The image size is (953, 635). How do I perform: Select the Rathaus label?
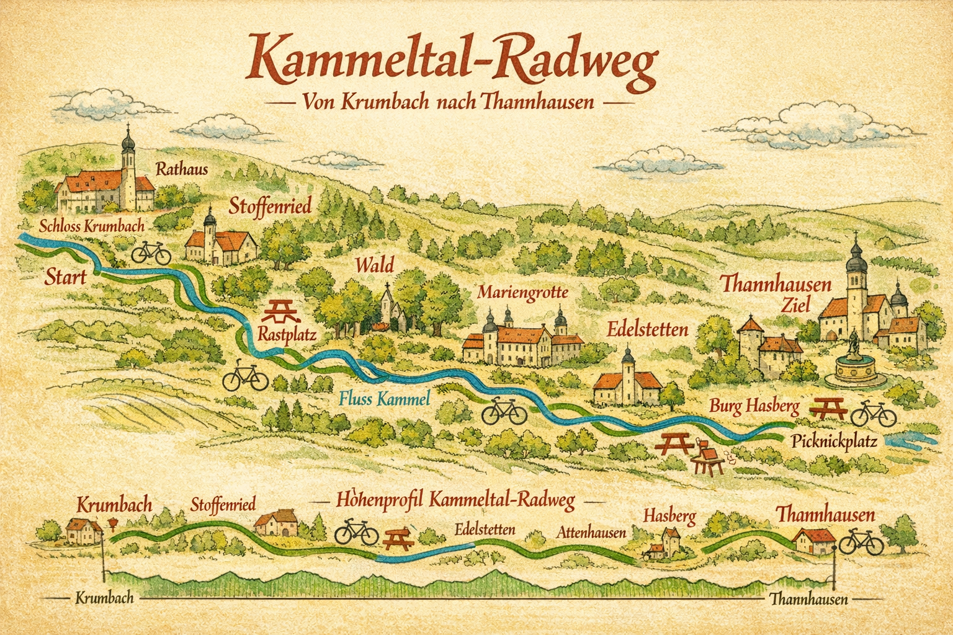click(182, 169)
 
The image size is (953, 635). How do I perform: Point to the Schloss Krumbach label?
click(91, 225)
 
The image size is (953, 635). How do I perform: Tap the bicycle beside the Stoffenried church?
click(151, 252)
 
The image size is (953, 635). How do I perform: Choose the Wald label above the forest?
click(374, 265)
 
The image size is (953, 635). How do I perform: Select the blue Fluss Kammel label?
click(385, 399)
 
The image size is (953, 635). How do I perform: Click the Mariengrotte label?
click(522, 292)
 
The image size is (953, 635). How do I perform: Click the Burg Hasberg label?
click(754, 406)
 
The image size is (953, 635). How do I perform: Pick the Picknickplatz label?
click(834, 442)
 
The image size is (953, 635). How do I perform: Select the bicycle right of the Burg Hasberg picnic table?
click(873, 413)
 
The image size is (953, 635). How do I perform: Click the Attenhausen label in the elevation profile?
click(591, 532)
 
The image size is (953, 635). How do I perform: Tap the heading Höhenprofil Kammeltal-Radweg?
click(455, 500)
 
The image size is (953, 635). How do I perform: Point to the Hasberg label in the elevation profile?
click(669, 515)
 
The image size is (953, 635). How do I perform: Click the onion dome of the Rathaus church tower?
click(128, 142)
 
